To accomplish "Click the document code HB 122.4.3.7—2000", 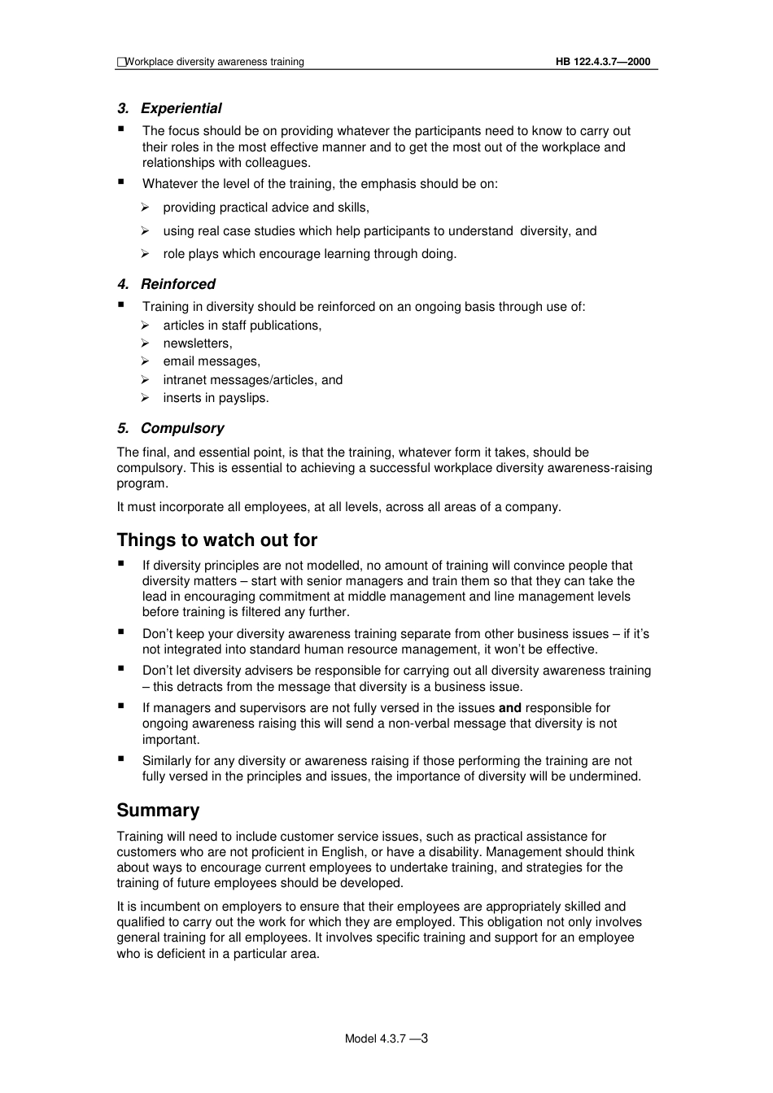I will (603, 62).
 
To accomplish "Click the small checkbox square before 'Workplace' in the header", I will (121, 62).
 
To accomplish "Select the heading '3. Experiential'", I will (169, 108).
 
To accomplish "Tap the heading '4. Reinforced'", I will (166, 284).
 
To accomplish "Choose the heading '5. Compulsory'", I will (170, 428).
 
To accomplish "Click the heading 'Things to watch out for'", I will (216, 540).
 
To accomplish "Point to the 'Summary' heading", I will (158, 811).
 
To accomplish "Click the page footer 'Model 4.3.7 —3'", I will (386, 1038).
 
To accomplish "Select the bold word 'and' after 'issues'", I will (510, 708).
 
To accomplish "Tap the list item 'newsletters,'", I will (197, 343).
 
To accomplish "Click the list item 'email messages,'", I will (212, 361).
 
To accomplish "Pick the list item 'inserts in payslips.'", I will (216, 398).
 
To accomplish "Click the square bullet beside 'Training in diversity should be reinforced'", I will (121, 305).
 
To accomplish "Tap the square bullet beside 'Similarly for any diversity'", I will (121, 759).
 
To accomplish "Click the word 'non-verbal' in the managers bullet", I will (480, 724).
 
